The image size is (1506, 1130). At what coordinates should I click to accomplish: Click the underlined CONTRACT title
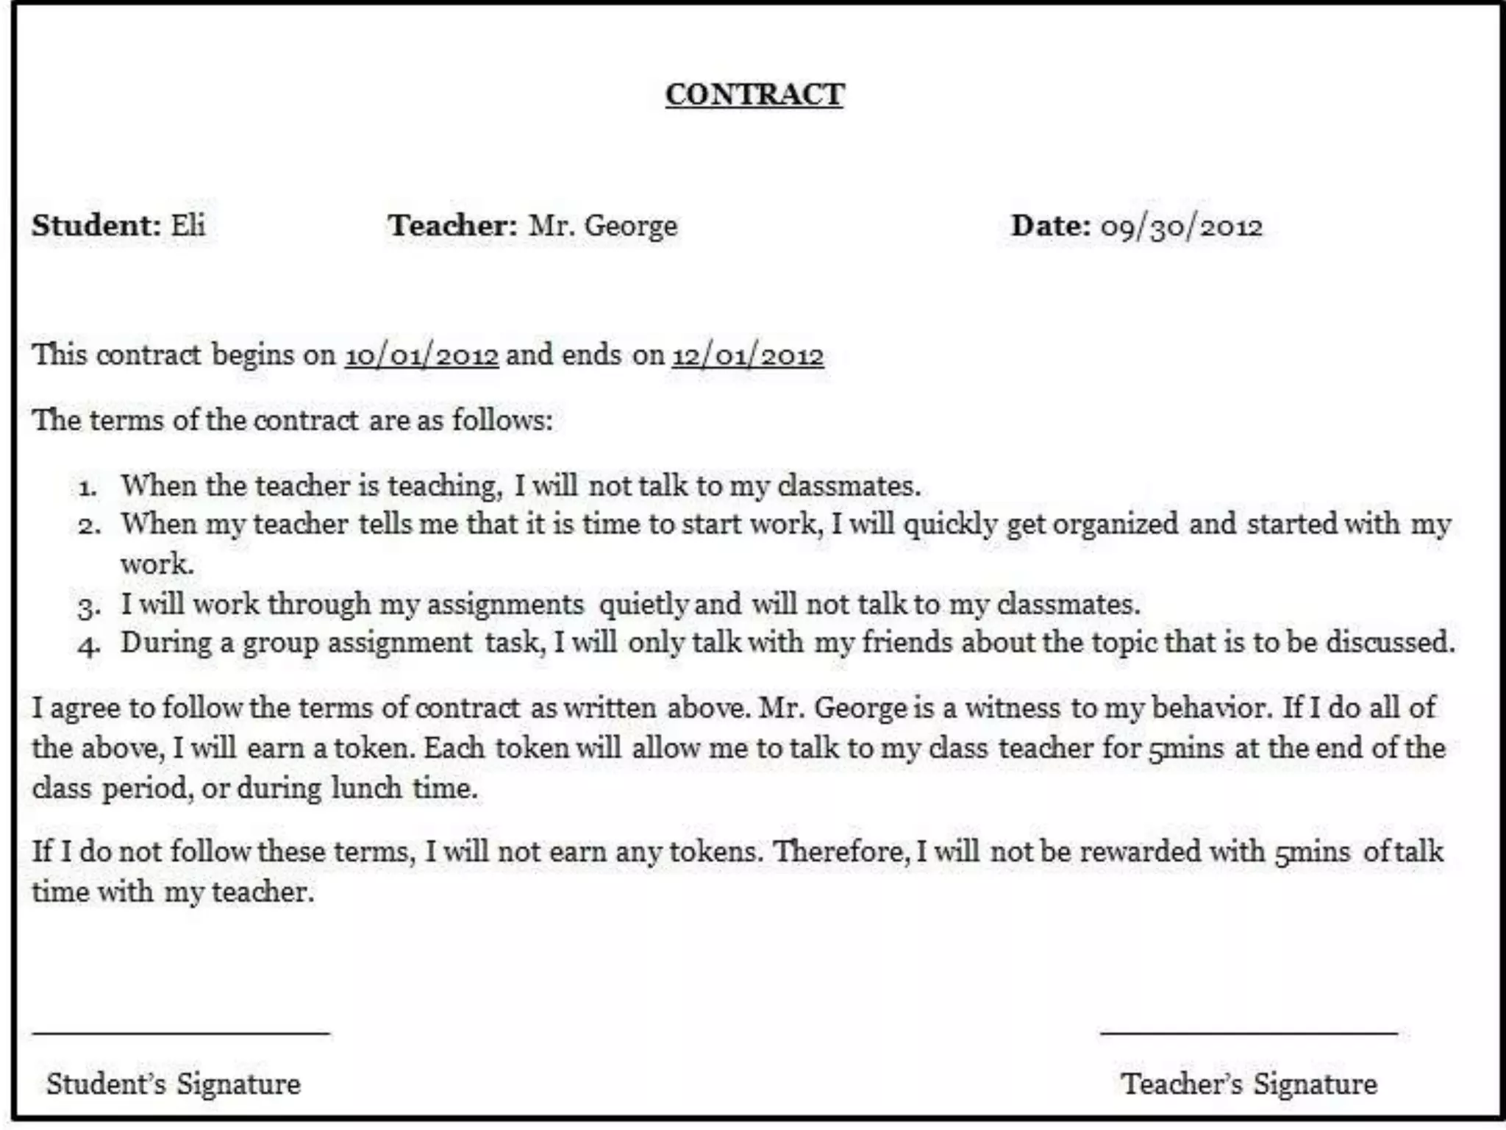[754, 94]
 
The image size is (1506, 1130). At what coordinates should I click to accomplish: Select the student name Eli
[188, 225]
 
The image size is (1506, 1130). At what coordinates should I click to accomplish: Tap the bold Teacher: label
[453, 225]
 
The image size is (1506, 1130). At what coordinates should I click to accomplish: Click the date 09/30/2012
[1181, 227]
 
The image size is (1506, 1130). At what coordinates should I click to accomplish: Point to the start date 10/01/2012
[422, 356]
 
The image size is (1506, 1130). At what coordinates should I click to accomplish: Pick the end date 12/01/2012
[748, 356]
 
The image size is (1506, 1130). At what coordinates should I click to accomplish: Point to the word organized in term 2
[1116, 525]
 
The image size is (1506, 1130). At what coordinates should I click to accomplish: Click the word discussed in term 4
[1390, 642]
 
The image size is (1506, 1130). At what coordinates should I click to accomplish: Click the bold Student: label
[96, 225]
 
